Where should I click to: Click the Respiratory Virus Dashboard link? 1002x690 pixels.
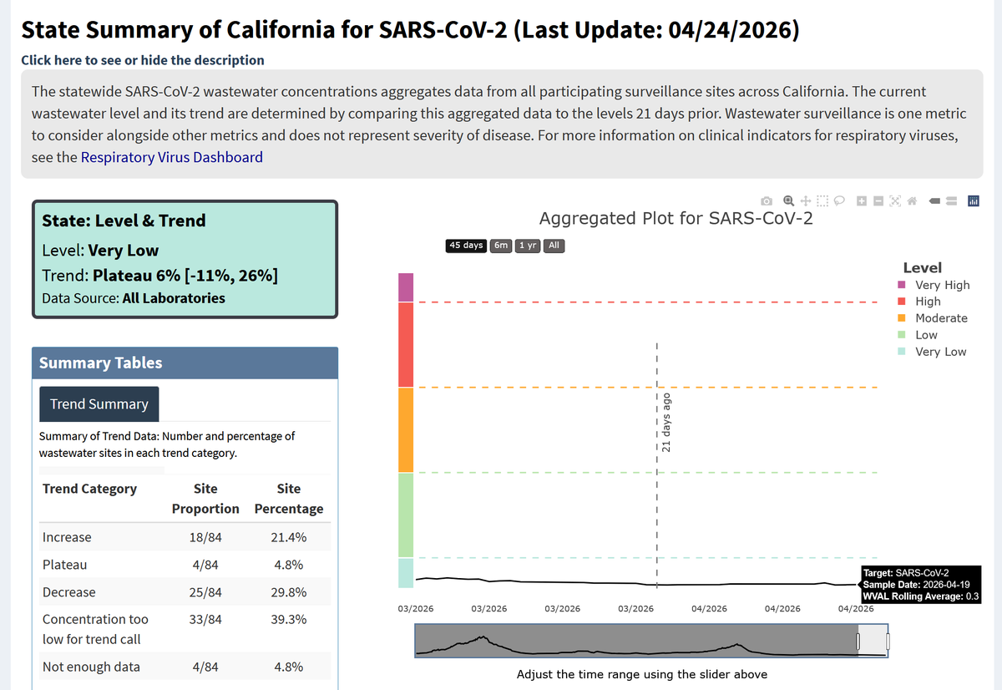click(x=172, y=157)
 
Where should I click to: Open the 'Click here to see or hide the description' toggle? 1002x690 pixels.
click(x=143, y=60)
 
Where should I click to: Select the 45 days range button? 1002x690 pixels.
click(x=466, y=246)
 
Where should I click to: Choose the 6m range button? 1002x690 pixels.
click(x=500, y=246)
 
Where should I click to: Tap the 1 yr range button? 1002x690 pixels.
click(x=528, y=246)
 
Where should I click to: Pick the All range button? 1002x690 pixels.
click(x=554, y=246)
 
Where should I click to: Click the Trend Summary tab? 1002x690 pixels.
click(x=99, y=404)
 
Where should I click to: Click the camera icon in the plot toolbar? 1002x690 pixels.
click(x=767, y=201)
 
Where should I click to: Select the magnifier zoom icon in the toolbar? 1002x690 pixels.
click(x=788, y=201)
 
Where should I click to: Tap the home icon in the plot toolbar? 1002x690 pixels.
click(x=912, y=201)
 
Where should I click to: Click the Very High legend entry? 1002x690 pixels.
click(x=934, y=285)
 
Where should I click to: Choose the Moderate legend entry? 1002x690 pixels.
click(x=933, y=318)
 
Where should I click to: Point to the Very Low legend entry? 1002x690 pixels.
click(x=932, y=352)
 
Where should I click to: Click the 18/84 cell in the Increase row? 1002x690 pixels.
click(x=205, y=537)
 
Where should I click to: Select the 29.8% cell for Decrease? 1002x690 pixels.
click(x=289, y=592)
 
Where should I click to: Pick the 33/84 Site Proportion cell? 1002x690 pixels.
click(x=205, y=619)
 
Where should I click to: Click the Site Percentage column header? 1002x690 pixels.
click(x=289, y=499)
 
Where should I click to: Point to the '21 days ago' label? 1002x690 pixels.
click(x=666, y=423)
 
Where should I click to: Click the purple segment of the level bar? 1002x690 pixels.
click(x=406, y=287)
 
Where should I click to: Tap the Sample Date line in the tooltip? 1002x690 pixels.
click(x=916, y=585)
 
